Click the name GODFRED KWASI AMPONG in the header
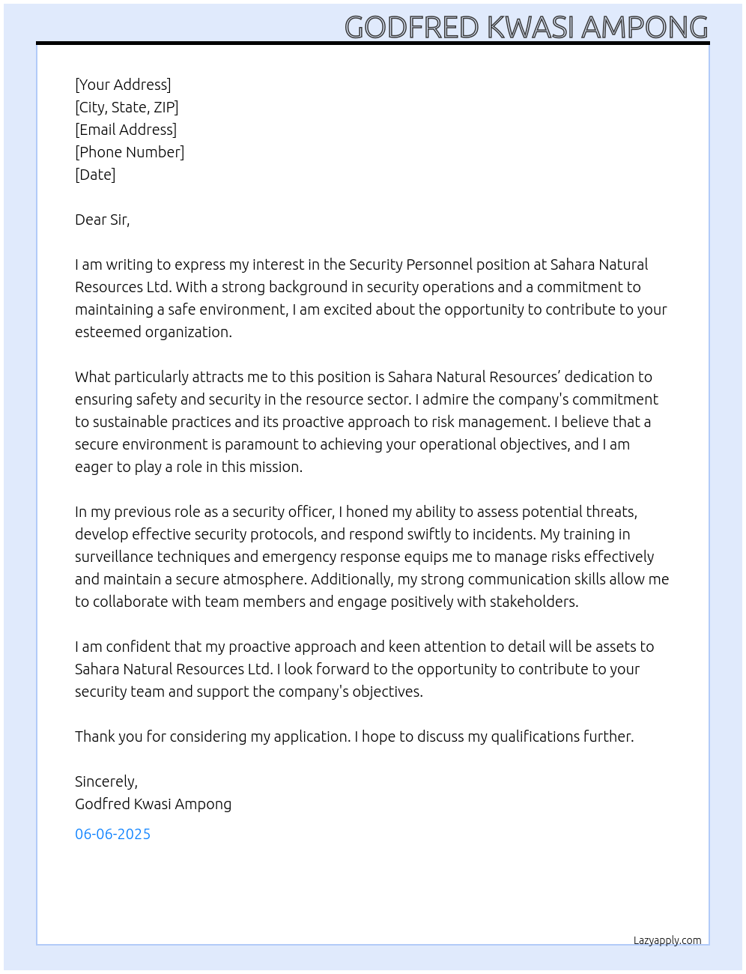click(526, 27)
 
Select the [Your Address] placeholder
click(123, 85)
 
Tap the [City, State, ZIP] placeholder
click(127, 107)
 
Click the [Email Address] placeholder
click(126, 130)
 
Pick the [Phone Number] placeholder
click(130, 152)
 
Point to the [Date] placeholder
click(95, 175)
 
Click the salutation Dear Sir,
click(102, 220)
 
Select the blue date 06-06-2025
click(112, 834)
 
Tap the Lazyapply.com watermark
click(667, 940)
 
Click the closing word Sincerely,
click(106, 781)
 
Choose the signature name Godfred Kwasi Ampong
click(153, 804)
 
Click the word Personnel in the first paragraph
click(439, 264)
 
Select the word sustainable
click(127, 422)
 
